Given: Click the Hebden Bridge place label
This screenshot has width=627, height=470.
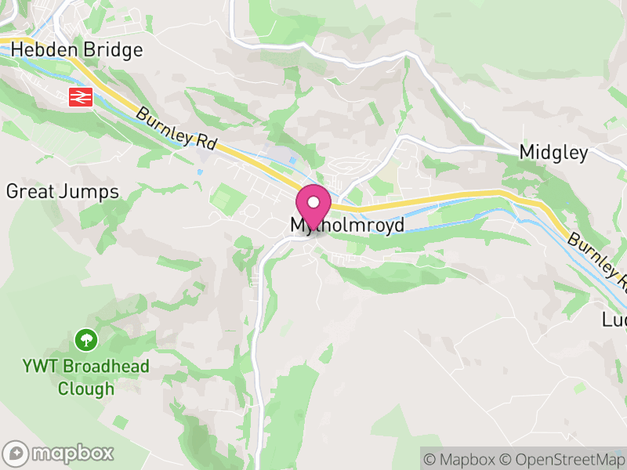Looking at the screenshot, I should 77,50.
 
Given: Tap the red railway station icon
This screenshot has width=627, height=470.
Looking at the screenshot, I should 81,97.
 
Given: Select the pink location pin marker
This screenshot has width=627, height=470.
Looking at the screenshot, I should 313,205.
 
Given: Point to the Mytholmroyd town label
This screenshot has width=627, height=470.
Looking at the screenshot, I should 347,226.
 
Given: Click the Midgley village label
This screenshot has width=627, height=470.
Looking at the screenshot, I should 553,153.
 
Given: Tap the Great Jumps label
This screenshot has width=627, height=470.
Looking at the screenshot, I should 62,191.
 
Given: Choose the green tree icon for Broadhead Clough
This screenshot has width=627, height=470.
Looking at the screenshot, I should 85,340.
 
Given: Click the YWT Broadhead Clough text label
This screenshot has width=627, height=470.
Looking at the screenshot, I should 85,377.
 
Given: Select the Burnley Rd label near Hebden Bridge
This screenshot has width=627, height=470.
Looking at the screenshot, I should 176,128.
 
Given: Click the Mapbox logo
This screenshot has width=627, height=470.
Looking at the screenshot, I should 59,453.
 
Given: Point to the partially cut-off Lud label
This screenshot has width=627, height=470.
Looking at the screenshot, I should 614,320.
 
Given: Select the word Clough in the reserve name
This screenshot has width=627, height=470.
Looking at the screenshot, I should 85,389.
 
